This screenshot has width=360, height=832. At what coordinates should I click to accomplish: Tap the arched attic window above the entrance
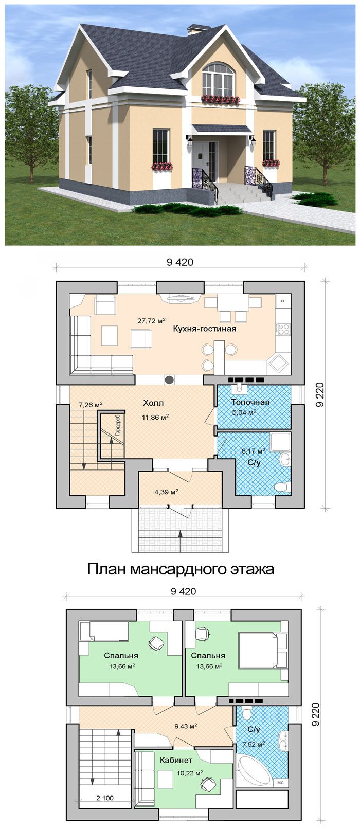pos(219,79)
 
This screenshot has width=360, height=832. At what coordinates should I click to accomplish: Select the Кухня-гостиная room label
pos(205,329)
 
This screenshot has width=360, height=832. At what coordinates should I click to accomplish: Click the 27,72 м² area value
pos(151,320)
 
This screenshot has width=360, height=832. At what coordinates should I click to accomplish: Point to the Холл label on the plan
pos(153,403)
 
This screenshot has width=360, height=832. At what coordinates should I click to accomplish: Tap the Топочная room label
pos(250,402)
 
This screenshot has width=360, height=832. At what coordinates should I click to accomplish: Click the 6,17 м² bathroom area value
pos(253,451)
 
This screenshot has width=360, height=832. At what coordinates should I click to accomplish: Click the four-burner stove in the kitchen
pos(283,329)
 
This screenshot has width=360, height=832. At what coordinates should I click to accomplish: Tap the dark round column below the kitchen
pos(169,379)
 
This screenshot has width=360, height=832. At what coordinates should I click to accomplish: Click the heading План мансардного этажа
pos(181,569)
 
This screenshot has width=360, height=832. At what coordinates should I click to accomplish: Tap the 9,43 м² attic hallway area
pos(186,725)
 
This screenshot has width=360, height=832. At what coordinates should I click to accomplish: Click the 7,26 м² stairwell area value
pos(91,404)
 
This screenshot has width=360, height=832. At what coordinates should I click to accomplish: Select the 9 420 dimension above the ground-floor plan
pos(180,262)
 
